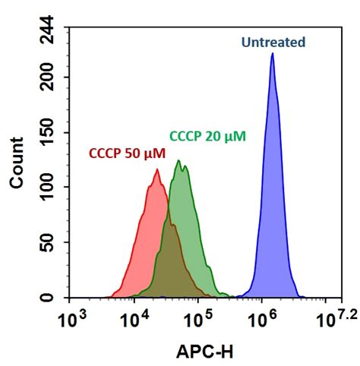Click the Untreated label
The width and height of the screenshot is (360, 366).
coord(273,42)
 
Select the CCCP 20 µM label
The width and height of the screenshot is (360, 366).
coord(207,137)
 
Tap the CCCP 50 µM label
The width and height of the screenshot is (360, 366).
coord(127,153)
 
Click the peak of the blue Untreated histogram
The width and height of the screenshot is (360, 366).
coord(272,54)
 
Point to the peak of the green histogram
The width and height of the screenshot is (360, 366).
coord(178,161)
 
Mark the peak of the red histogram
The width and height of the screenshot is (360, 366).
coord(157,170)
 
